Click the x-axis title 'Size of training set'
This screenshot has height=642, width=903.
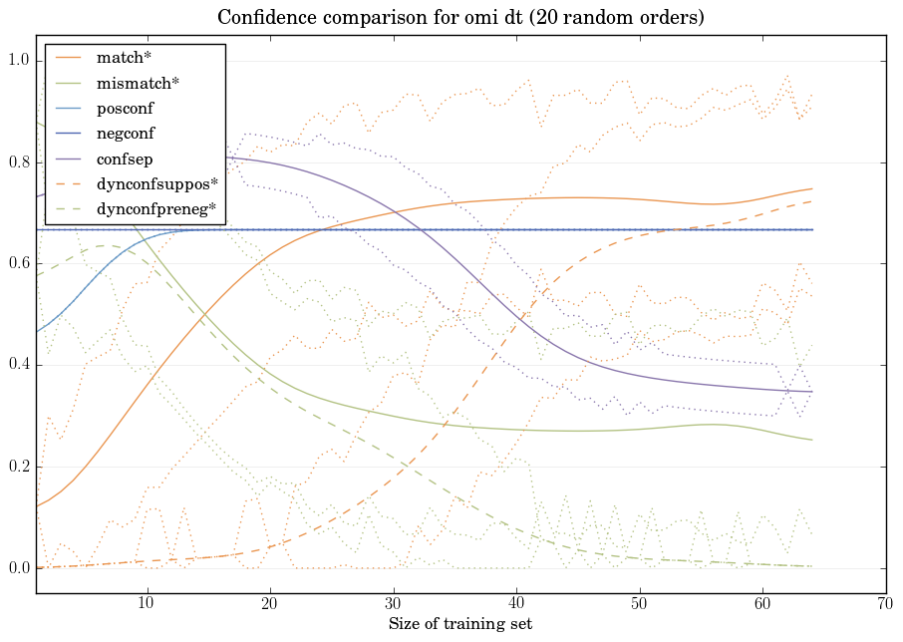tap(459, 625)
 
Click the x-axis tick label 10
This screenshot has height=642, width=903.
tap(147, 604)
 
